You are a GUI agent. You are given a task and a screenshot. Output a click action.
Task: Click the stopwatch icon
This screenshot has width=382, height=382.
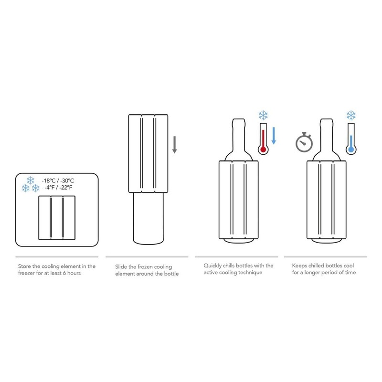click(x=302, y=142)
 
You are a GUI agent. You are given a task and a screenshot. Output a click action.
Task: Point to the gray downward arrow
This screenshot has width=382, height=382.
click(x=175, y=144)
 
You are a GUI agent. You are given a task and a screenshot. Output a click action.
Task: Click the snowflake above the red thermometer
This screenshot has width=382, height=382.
click(x=263, y=115)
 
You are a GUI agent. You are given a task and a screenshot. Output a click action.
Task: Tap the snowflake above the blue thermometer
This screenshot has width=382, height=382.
click(x=351, y=115)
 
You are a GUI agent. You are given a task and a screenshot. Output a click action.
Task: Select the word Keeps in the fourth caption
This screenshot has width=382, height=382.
click(x=300, y=265)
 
